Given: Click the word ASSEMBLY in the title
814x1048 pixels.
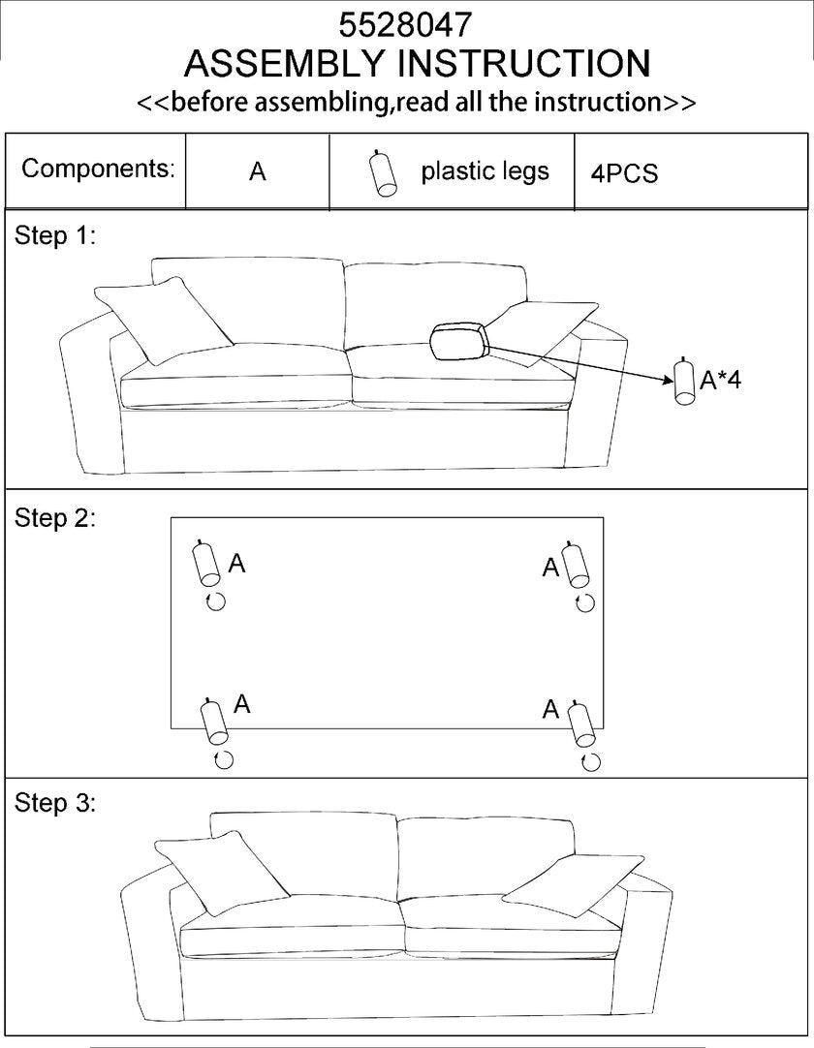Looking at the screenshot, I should (x=285, y=64).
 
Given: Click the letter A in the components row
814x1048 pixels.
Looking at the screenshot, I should (x=257, y=172).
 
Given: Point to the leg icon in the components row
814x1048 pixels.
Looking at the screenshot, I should (x=383, y=174).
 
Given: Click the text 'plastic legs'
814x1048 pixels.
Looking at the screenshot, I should (x=485, y=171).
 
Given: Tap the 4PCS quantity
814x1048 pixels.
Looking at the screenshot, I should (x=624, y=173).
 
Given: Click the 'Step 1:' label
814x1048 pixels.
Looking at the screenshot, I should (x=55, y=235).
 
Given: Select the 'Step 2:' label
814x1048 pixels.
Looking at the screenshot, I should (x=55, y=517).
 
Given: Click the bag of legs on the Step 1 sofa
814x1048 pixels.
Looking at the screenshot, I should (x=459, y=341).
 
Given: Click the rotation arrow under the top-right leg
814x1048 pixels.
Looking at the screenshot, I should (x=584, y=603).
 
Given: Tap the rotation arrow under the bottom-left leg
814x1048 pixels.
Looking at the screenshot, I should (x=223, y=759).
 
